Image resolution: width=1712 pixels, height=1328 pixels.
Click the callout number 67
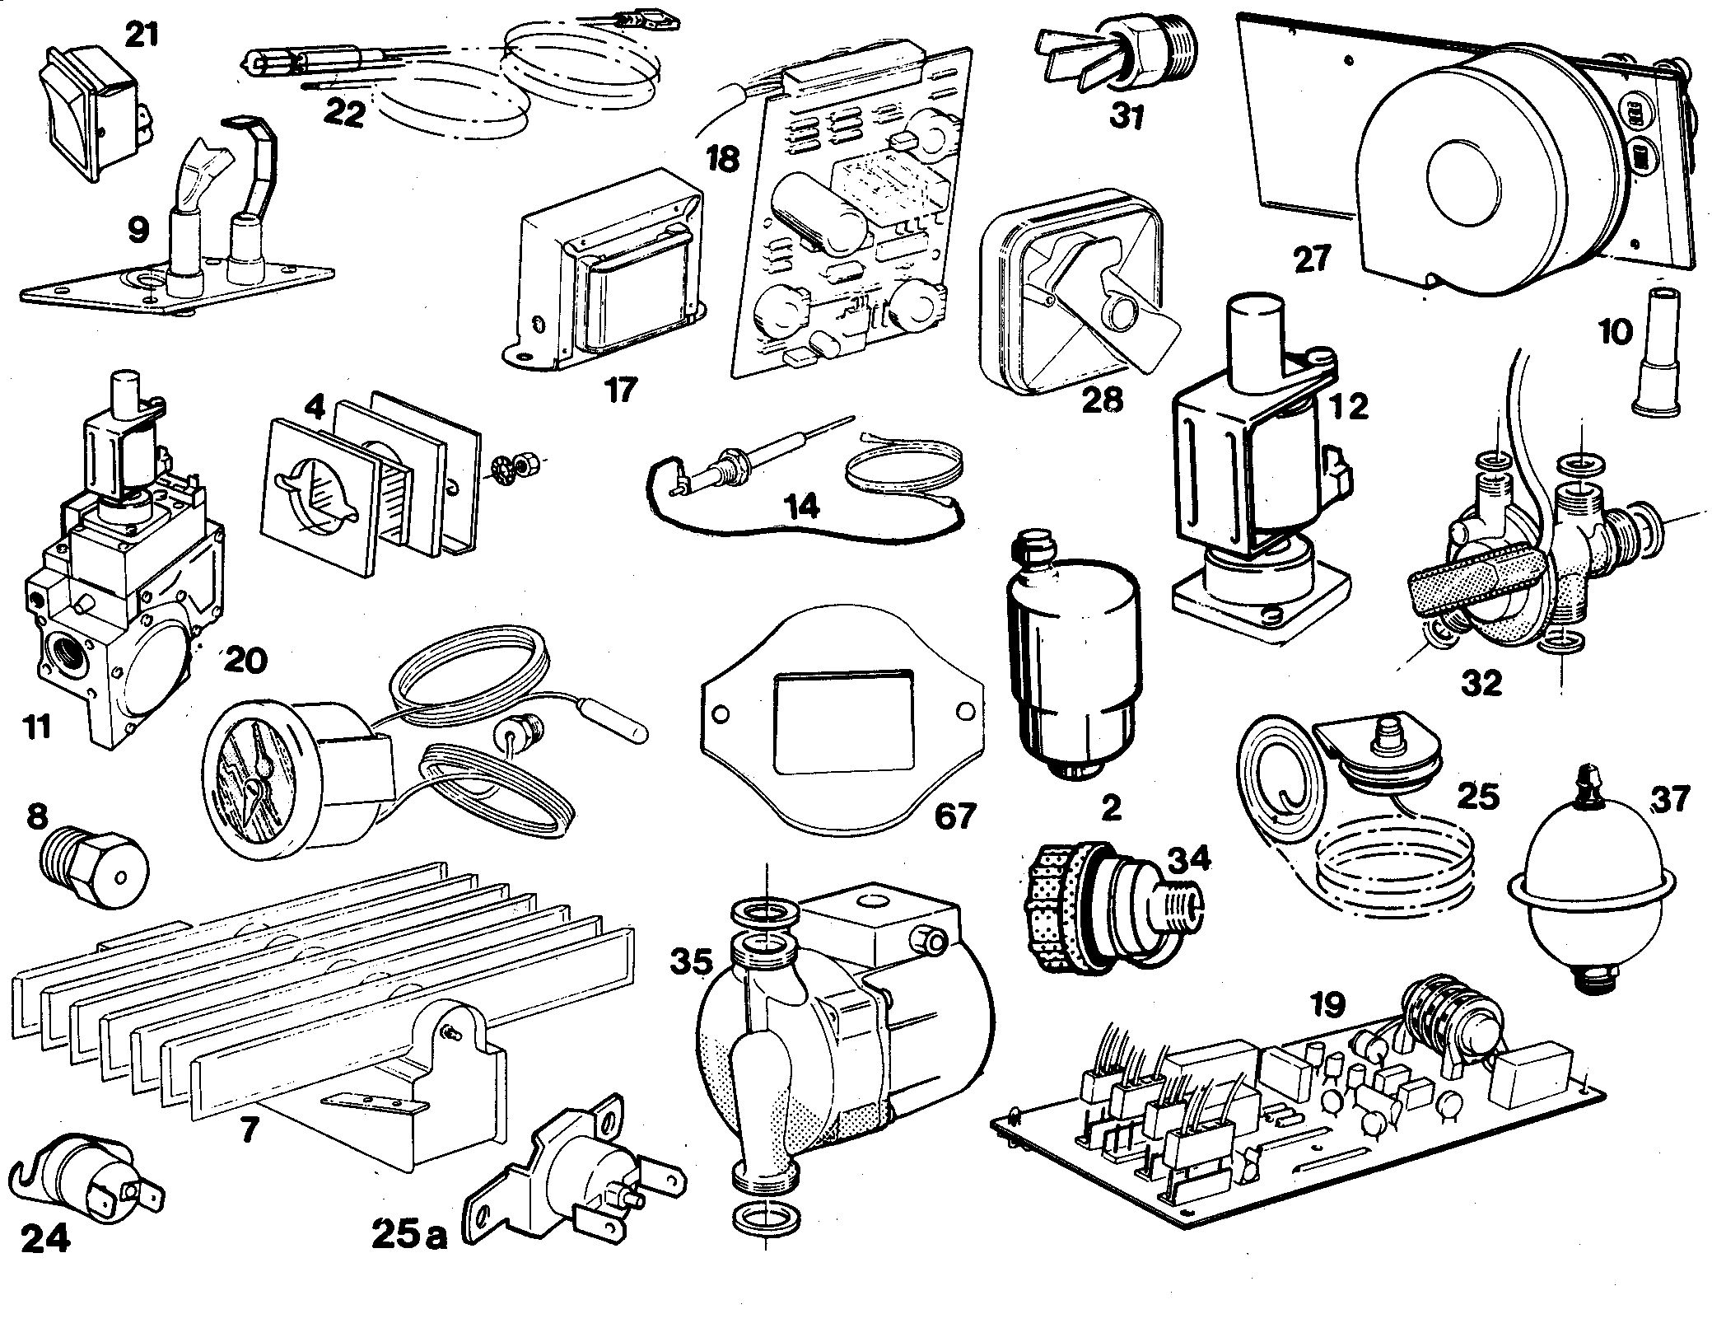[954, 816]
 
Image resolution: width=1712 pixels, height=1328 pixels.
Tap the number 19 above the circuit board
[1326, 1003]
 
